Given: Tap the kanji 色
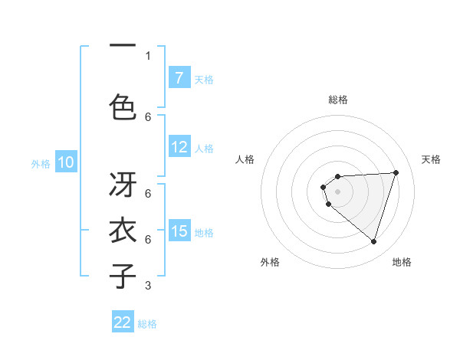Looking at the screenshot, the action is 123,106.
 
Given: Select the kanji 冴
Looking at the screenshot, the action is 123,185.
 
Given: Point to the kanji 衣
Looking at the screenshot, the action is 123,231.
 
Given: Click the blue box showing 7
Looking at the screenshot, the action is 179,78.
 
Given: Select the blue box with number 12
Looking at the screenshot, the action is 179,147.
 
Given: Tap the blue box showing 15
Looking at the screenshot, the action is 179,231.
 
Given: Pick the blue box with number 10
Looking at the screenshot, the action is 65,162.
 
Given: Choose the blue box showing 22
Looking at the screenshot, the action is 123,322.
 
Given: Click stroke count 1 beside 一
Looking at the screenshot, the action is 148,55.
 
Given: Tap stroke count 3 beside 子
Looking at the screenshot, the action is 148,286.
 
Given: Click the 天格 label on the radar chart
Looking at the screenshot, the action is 431,159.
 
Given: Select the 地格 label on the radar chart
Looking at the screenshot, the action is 402,262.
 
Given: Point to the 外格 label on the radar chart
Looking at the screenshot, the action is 270,262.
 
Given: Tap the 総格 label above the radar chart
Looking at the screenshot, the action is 338,100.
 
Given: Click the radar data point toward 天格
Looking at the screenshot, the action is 396,172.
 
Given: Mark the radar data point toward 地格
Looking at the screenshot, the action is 373,241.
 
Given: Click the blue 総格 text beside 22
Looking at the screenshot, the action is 147,324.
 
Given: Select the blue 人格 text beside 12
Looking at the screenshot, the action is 204,149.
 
